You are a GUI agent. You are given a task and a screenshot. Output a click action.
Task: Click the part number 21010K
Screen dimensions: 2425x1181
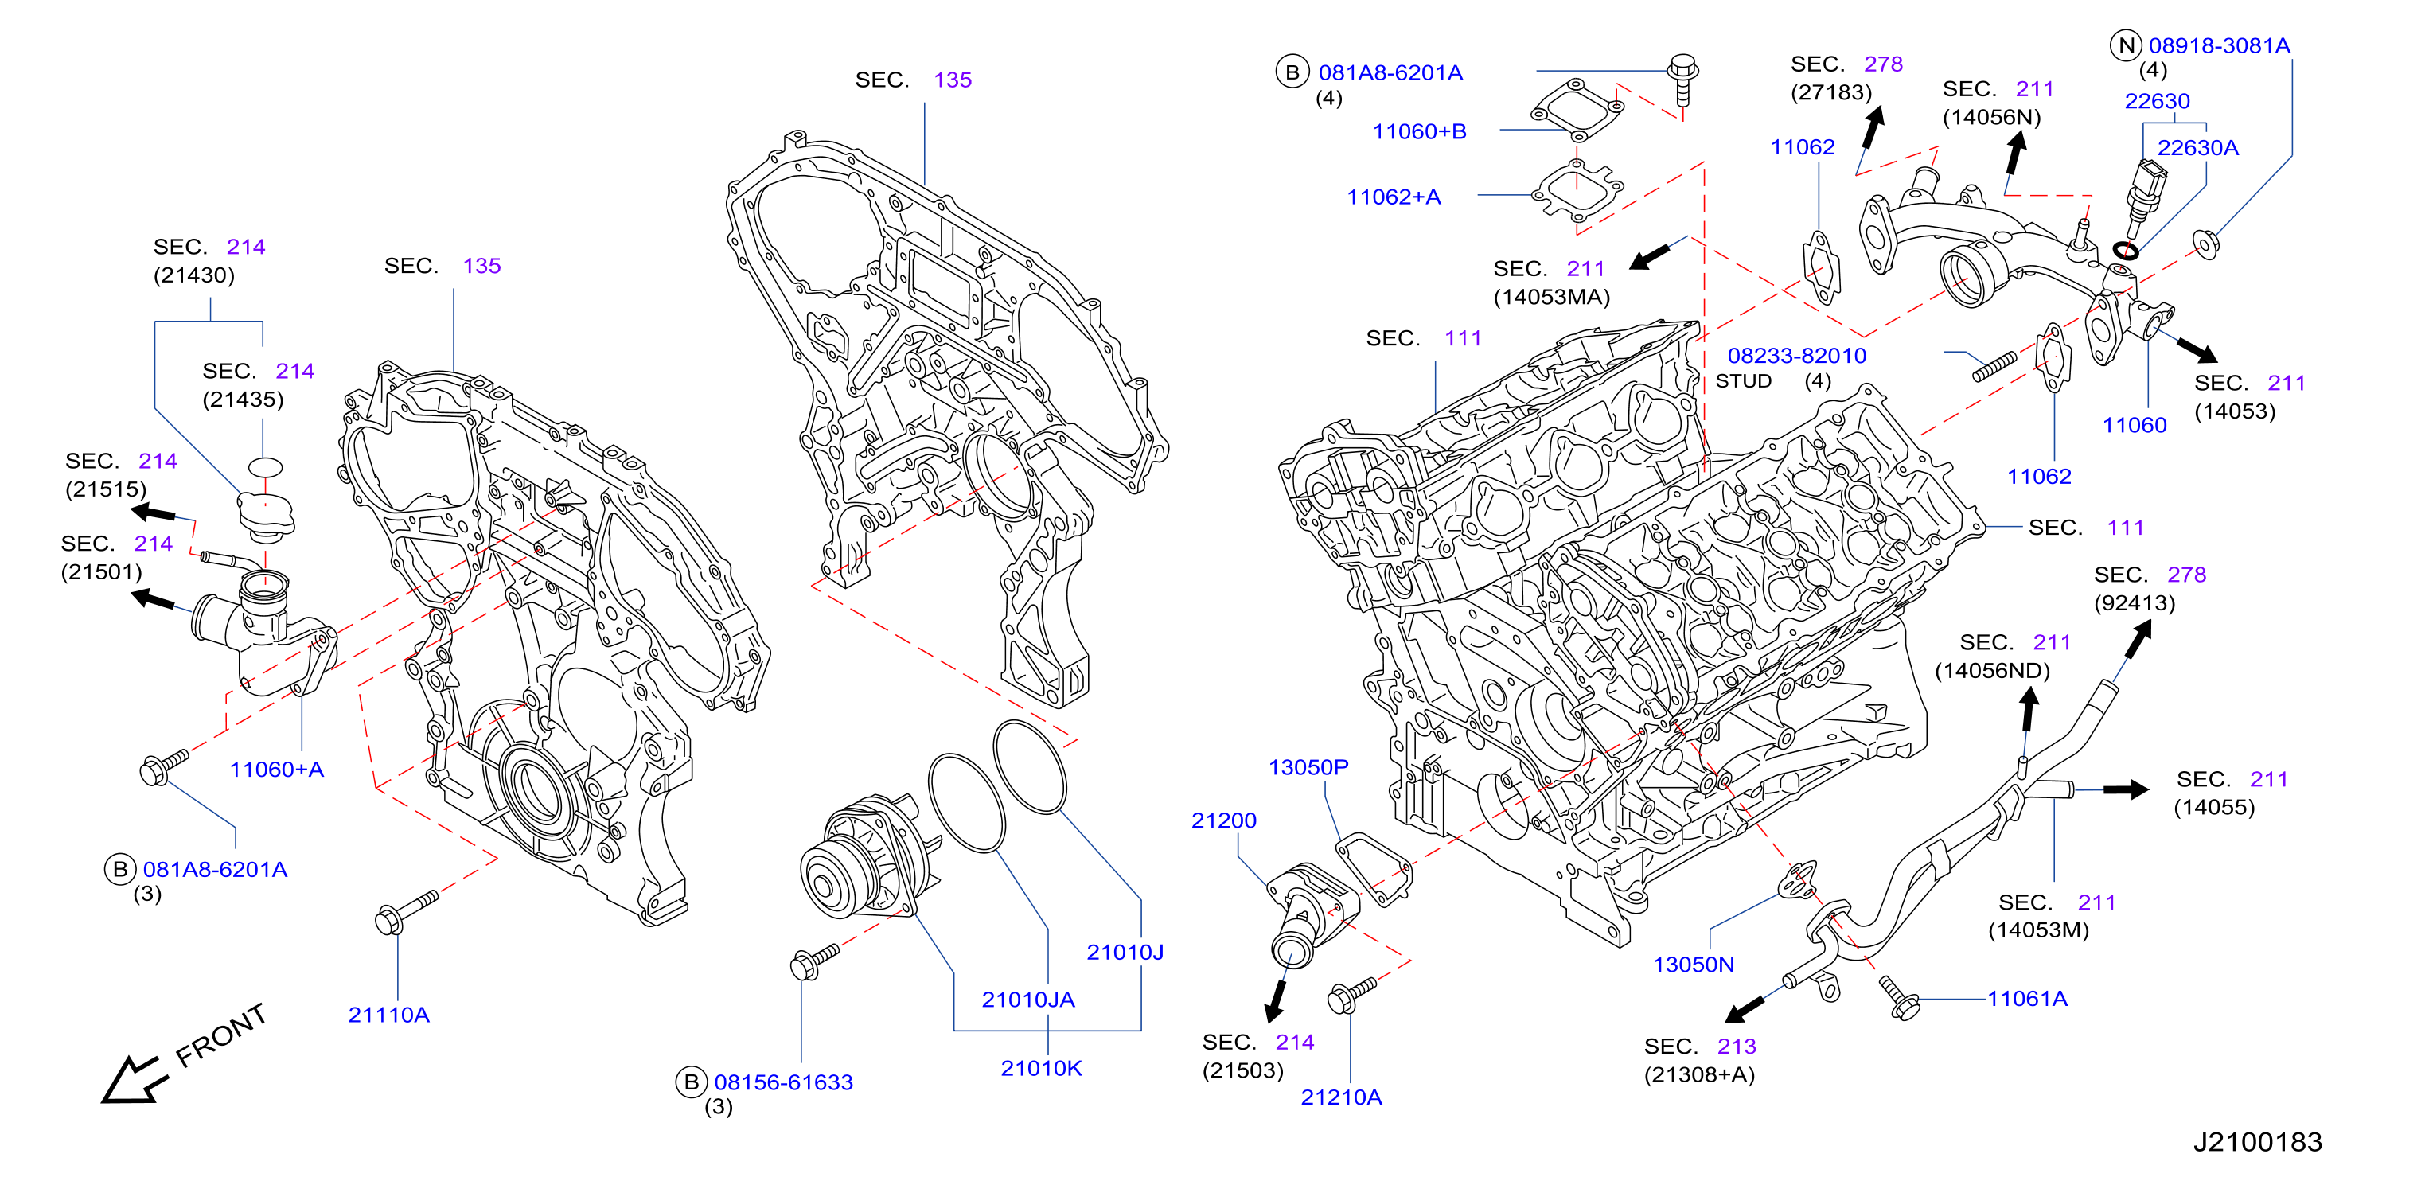1041,1068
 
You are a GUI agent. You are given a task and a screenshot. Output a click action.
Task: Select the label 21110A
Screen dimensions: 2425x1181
389,1015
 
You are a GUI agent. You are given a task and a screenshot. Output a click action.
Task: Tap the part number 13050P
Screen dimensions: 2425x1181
1308,767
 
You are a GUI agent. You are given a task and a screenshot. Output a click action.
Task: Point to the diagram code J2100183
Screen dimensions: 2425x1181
2257,1141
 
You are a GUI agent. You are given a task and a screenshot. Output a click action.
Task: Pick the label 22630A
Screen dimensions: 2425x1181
2197,148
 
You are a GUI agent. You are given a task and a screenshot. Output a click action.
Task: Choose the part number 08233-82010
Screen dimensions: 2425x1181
1796,356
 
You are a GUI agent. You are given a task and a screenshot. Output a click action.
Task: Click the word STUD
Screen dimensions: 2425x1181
1744,381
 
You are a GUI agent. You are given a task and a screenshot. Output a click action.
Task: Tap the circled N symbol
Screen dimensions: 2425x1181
2127,45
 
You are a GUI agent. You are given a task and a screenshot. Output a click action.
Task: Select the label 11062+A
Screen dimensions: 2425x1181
1394,197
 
